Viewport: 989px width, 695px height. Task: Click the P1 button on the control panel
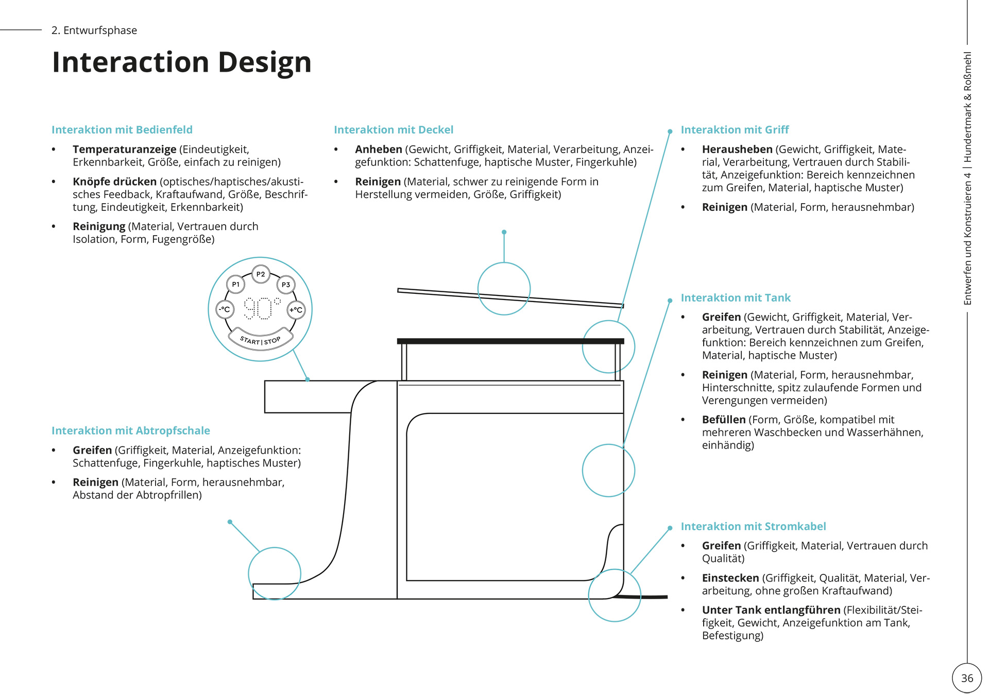236,284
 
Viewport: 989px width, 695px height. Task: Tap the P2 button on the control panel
261,274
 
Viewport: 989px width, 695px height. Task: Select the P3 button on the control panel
286,285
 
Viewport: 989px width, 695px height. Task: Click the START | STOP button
261,340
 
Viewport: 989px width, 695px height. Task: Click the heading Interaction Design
182,62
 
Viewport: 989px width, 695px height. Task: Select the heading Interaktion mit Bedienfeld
122,130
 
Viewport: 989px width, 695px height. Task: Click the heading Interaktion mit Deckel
394,130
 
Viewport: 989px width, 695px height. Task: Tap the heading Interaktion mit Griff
735,130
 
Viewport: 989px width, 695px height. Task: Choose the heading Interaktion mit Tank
736,298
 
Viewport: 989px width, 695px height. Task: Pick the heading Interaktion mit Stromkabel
753,526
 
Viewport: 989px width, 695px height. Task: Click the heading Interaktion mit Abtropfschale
131,431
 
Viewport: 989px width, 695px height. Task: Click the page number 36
967,679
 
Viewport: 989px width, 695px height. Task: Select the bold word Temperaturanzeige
125,150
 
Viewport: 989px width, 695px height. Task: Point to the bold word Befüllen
724,420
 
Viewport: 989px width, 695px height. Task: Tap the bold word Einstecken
730,578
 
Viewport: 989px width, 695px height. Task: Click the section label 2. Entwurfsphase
94,30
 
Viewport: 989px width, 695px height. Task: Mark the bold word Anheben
379,150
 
